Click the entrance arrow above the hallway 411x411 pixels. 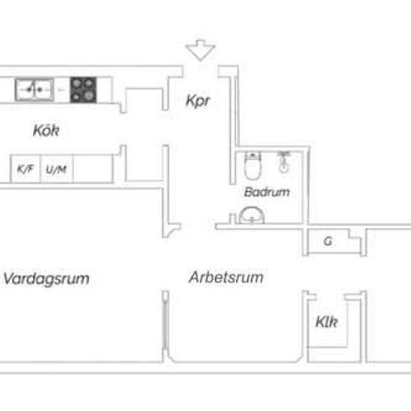pos(200,50)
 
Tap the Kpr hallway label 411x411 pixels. pos(198,101)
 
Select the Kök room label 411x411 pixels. pos(46,130)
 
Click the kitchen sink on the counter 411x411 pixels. pos(34,90)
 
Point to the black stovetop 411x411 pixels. pos(84,90)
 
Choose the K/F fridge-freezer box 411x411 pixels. pos(25,169)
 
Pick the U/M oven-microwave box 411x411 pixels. pos(56,169)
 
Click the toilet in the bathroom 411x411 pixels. pos(253,165)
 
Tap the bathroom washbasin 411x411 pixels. pos(252,215)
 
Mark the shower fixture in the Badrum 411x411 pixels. pos(284,161)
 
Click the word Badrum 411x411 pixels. pos(267,192)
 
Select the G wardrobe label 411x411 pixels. pos(327,241)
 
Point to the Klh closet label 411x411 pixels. pos(327,321)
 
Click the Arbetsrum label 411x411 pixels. pos(226,277)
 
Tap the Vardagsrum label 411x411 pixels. pos(46,279)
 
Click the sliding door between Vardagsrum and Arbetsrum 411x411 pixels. pos(165,327)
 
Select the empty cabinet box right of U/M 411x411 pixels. pos(93,169)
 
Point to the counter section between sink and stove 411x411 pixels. pos(62,90)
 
